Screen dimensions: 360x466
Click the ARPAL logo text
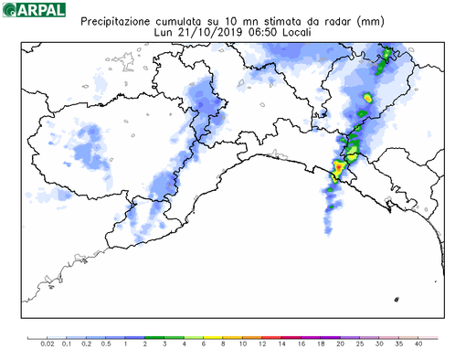tap(40, 11)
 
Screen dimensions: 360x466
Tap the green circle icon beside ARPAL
tap(9, 11)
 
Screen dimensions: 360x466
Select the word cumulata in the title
tap(185, 19)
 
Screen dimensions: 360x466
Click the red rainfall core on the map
tap(337, 167)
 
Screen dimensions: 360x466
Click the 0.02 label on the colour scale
tap(48, 344)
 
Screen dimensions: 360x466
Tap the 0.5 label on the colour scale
tap(106, 344)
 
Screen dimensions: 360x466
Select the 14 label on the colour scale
tap(282, 344)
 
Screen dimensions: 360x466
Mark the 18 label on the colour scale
tap(322, 344)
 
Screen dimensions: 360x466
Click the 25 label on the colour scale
tap(361, 344)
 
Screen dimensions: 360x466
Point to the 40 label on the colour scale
tap(419, 344)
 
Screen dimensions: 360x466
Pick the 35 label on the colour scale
tap(400, 344)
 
